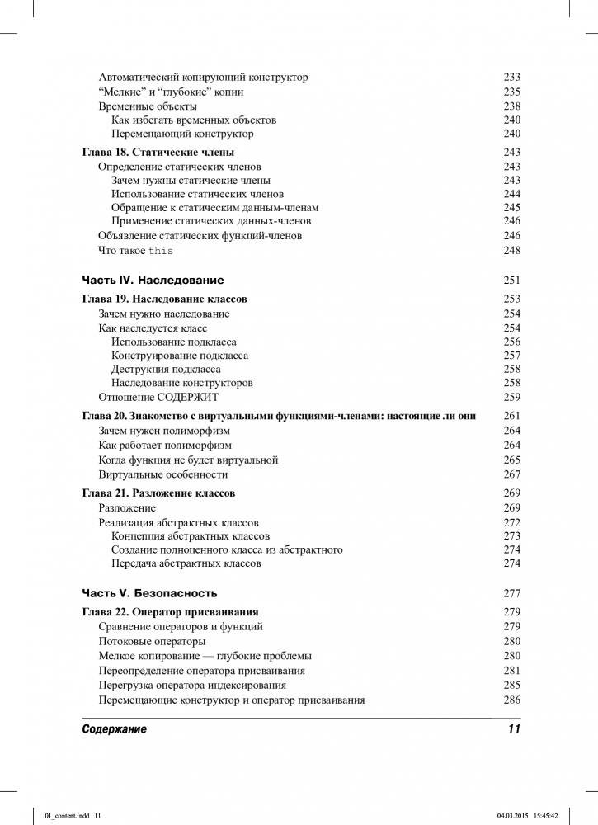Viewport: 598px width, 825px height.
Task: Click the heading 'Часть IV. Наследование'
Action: click(153, 280)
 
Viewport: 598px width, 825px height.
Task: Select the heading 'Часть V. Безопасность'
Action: click(149, 592)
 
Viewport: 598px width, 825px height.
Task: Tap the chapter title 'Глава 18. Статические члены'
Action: click(158, 152)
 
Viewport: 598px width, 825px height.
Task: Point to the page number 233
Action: click(511, 77)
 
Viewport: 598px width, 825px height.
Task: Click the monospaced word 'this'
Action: click(161, 251)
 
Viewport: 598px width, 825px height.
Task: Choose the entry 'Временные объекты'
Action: click(148, 106)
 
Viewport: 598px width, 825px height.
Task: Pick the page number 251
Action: click(511, 280)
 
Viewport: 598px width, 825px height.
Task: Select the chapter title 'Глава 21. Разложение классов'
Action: click(159, 493)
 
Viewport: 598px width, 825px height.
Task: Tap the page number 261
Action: click(511, 415)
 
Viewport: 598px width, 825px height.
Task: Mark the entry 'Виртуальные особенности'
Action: click(163, 474)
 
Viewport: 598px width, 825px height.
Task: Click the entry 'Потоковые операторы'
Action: click(152, 641)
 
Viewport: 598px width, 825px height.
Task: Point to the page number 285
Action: click(511, 685)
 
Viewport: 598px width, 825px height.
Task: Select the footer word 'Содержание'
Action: click(115, 730)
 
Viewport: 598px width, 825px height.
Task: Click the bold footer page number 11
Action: click(514, 730)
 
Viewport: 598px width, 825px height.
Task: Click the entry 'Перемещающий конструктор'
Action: click(182, 134)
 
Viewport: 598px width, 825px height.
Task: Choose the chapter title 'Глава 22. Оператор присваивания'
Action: click(171, 611)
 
